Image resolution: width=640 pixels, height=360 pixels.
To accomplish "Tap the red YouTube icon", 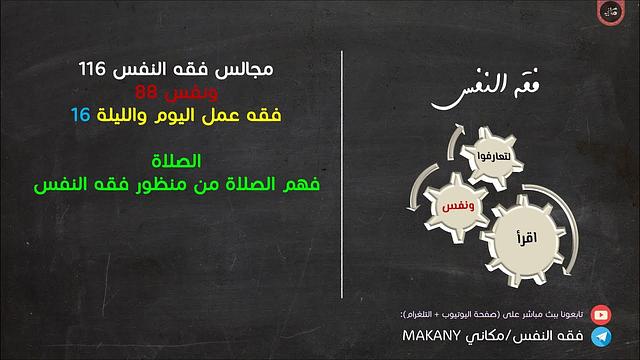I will click(x=602, y=314).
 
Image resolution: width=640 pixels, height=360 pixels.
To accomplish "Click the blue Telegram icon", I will click(x=602, y=337).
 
